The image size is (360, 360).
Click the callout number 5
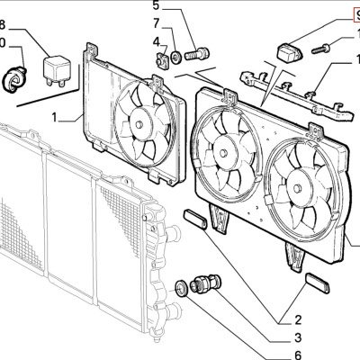(156, 5)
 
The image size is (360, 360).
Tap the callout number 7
(156, 22)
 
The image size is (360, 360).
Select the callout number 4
(156, 41)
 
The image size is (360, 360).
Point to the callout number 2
(297, 318)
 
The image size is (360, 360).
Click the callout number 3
(297, 337)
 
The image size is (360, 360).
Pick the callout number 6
(297, 355)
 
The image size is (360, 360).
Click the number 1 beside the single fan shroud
(55, 117)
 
